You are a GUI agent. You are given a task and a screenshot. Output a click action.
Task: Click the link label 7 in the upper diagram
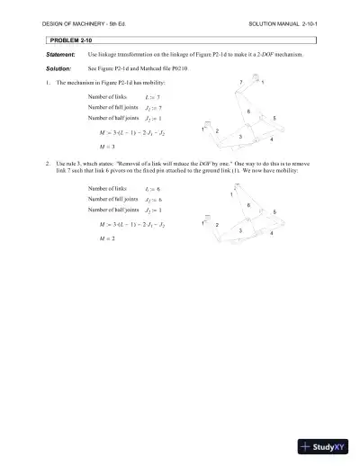pos(241,83)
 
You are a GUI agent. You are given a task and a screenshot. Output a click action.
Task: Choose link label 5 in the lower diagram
pos(274,211)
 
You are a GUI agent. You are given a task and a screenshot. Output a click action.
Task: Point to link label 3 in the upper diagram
pos(239,136)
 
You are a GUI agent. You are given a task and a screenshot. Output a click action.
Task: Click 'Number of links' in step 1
pos(108,95)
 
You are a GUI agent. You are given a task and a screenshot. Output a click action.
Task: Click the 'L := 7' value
pos(152,96)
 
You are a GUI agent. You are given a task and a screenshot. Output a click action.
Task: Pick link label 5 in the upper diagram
pos(274,119)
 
